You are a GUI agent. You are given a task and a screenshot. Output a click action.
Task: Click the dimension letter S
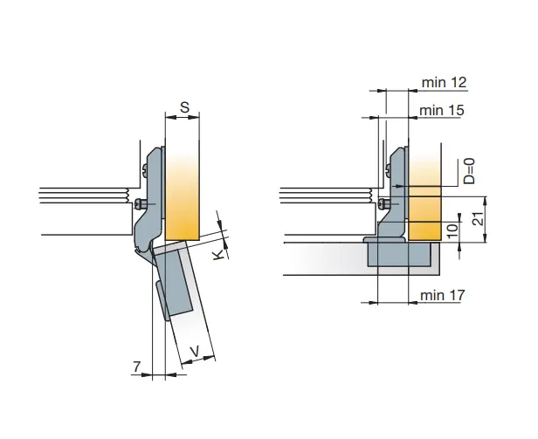[184, 107]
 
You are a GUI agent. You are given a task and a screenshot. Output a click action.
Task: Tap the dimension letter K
[218, 255]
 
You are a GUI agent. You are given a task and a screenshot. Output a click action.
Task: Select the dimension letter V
[195, 351]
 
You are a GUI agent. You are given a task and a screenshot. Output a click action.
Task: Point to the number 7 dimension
[136, 367]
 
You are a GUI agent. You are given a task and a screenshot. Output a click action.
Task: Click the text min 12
[444, 82]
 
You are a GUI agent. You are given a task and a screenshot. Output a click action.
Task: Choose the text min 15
[442, 111]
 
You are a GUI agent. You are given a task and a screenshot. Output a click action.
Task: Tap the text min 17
[443, 295]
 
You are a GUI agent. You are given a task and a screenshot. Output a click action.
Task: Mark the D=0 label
[469, 171]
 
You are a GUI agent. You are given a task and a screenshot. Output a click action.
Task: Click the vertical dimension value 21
[478, 217]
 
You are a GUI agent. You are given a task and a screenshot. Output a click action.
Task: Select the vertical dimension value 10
[453, 232]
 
